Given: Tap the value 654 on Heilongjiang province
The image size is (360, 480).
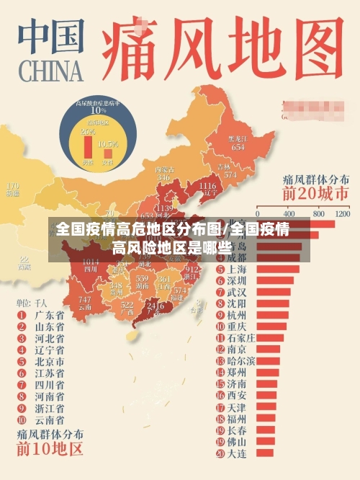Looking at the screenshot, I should (238, 146).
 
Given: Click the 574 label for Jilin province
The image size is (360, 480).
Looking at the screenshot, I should (230, 175).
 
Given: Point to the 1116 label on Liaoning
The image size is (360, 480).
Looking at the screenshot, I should (207, 187).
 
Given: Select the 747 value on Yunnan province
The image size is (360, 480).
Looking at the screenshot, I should (85, 300).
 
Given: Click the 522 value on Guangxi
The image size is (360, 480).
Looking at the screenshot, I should (127, 306).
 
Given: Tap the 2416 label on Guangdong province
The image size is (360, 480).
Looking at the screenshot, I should (155, 306).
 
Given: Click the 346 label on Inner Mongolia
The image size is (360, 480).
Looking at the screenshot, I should (163, 177).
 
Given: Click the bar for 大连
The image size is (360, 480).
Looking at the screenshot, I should (265, 453).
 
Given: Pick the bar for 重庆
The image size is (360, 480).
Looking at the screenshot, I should (271, 326).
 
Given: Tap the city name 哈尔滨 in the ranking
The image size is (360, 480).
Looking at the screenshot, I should (241, 360).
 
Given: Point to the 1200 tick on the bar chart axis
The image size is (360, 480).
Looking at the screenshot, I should (341, 214).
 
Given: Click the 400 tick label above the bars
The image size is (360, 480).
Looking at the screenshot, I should (289, 214).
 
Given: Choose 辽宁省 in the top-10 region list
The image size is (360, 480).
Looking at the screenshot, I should (50, 350).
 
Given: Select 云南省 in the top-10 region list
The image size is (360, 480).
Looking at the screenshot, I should (50, 419).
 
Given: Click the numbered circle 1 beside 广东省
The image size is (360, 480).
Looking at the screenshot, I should (21, 315).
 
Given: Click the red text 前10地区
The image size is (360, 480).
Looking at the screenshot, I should (50, 451).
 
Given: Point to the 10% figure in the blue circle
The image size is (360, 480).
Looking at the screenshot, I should (97, 110).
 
